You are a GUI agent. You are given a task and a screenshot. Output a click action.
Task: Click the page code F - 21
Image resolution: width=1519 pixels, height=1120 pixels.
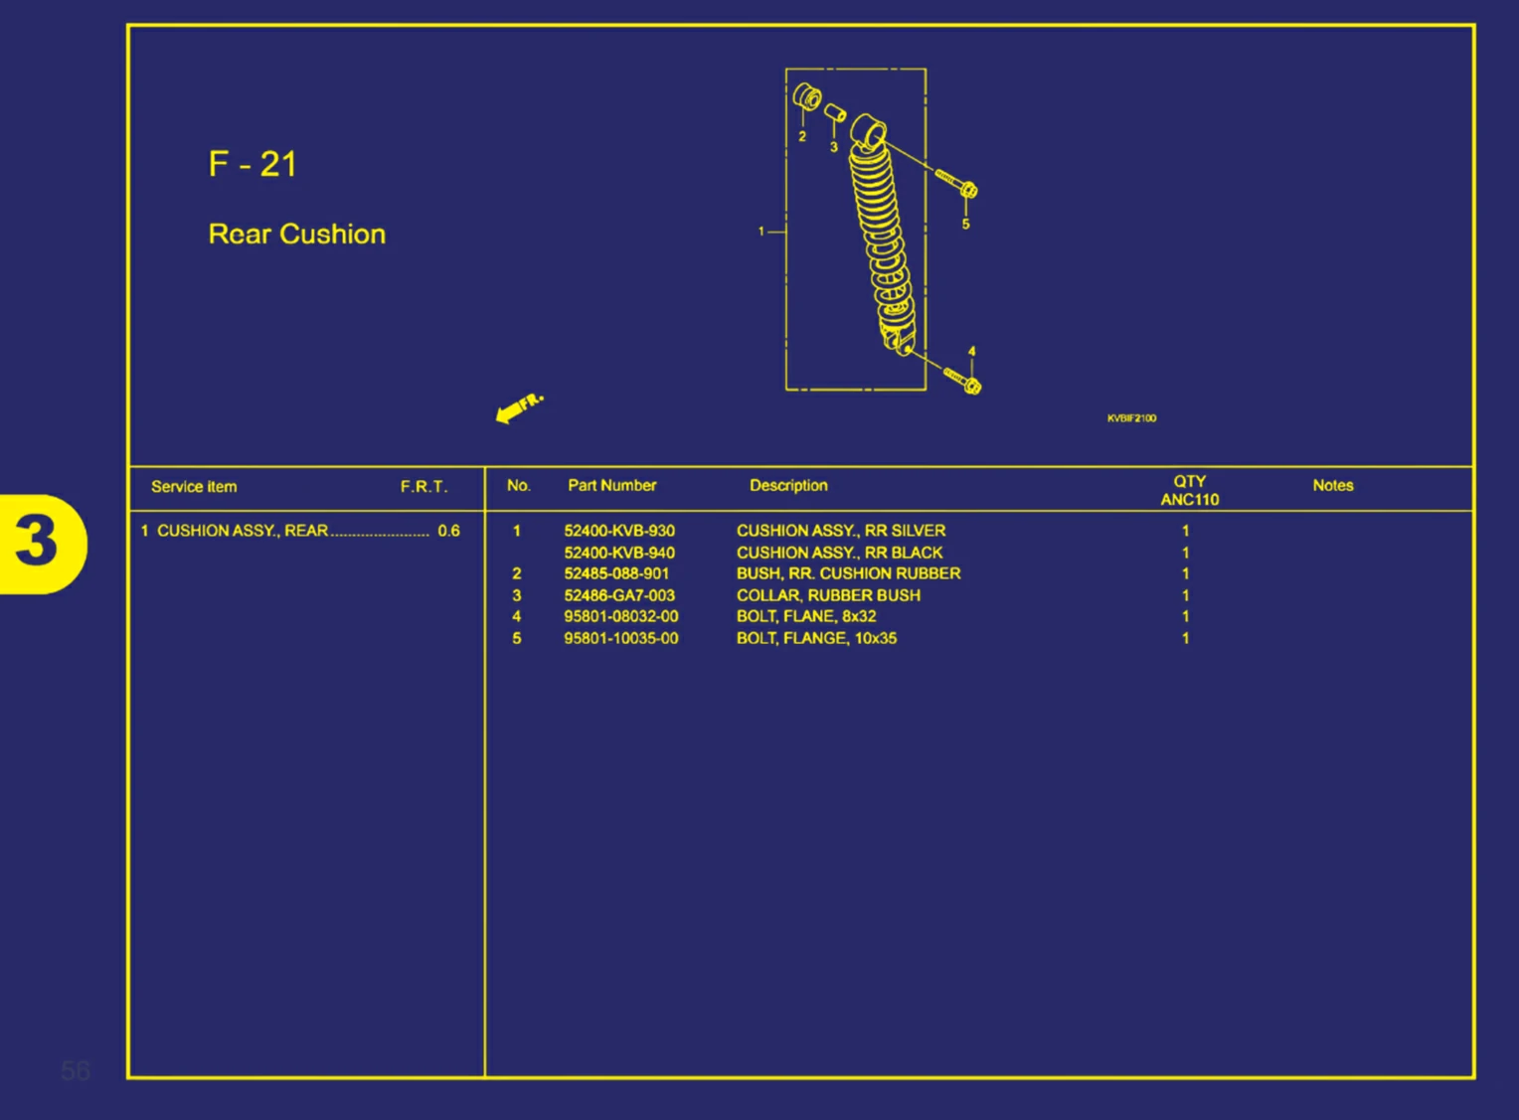253,164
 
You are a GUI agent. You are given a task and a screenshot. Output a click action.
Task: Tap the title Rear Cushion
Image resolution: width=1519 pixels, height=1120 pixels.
296,234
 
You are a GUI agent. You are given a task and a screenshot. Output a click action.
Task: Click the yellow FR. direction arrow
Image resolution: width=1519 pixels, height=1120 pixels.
518,406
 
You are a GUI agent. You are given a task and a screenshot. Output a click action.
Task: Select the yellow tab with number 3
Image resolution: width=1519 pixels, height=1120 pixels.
41,543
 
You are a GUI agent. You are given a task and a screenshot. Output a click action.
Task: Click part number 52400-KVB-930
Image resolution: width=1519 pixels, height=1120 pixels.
618,531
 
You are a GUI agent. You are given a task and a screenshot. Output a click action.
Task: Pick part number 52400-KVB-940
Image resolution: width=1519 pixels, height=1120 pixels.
618,553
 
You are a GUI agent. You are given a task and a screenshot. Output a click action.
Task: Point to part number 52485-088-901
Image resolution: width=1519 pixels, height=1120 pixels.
616,573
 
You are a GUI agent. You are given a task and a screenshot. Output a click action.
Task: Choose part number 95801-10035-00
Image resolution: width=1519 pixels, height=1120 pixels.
620,638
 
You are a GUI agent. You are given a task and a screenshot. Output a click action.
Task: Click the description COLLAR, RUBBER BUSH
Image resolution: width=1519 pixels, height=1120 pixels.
828,595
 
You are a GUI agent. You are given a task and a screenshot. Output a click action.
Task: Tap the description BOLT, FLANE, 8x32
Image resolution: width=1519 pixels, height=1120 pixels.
806,616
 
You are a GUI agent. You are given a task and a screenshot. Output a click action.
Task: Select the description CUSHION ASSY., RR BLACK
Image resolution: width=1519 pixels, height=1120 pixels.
839,553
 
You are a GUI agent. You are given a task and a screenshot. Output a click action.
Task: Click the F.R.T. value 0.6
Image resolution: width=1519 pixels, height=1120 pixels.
448,531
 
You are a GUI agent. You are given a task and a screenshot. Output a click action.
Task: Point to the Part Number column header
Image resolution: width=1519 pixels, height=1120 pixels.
611,485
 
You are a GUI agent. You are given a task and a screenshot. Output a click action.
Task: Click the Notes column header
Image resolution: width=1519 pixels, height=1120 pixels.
1332,485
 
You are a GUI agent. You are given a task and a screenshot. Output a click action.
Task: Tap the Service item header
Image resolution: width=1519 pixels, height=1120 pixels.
194,487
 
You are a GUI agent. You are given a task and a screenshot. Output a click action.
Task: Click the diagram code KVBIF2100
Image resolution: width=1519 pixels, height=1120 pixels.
1131,418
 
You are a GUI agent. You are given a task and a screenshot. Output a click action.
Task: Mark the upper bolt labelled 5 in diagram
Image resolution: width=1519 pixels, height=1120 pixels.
957,184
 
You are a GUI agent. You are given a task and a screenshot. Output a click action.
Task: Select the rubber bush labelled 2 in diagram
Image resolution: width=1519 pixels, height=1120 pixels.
806,97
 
